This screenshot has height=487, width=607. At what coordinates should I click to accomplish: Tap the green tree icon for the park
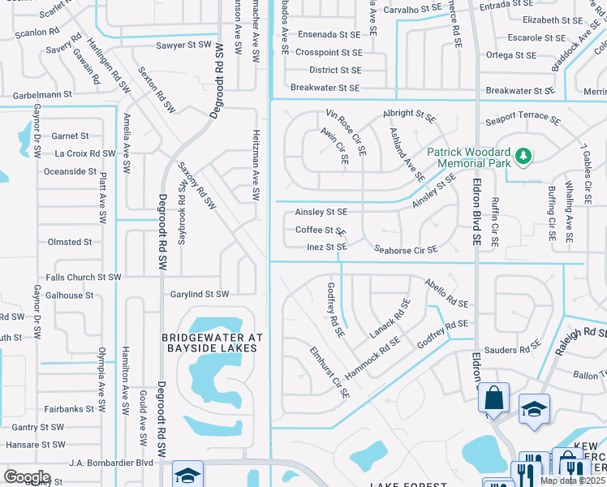(x=524, y=154)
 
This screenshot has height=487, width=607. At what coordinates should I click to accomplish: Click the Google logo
(x=27, y=477)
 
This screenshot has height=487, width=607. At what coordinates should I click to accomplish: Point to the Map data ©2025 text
(x=572, y=481)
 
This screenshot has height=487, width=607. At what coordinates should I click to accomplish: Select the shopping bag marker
(x=493, y=399)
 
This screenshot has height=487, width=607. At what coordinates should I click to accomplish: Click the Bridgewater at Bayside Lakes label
(x=209, y=343)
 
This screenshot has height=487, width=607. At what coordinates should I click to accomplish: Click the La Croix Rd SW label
(x=84, y=153)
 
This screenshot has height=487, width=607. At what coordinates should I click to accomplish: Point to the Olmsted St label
(x=70, y=242)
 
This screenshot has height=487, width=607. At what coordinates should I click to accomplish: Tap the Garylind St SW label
(x=199, y=294)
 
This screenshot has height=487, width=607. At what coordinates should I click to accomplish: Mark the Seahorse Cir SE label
(x=406, y=249)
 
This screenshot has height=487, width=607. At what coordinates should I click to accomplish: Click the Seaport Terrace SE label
(x=523, y=119)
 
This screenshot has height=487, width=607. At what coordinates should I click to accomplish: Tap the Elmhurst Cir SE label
(x=329, y=373)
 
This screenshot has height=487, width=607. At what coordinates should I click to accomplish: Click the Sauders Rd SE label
(x=512, y=350)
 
